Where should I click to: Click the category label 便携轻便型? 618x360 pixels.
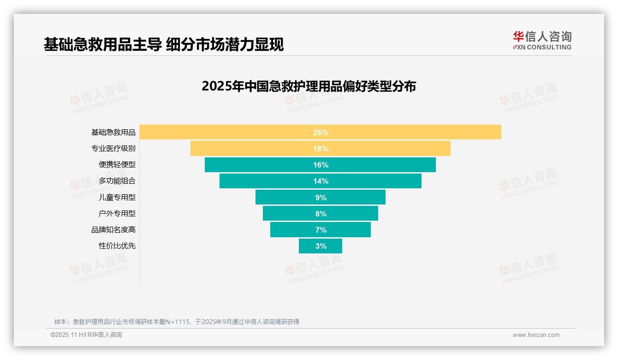[117, 165]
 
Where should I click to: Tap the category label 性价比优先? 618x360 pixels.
[117, 246]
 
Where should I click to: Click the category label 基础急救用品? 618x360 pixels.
[113, 132]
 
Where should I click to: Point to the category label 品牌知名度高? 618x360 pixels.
[113, 230]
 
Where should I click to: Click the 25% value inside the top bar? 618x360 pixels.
[321, 132]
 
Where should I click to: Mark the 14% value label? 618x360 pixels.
[321, 181]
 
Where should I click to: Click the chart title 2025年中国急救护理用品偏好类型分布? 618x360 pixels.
[309, 86]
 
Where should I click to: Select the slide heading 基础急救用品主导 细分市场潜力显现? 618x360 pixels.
[164, 44]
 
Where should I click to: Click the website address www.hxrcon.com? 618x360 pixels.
[536, 335]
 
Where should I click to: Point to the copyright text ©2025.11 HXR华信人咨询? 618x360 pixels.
[86, 335]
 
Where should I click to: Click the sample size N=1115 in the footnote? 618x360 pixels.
[178, 322]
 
